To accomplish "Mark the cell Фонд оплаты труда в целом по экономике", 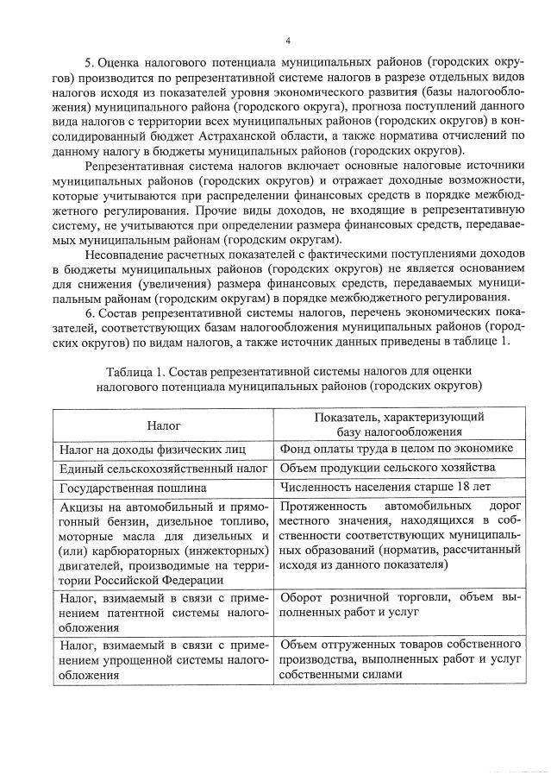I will pyautogui.click(x=397, y=449).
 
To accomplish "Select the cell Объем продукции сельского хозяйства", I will pyautogui.click(x=387, y=468).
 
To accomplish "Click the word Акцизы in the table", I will pyautogui.click(x=82, y=507).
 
